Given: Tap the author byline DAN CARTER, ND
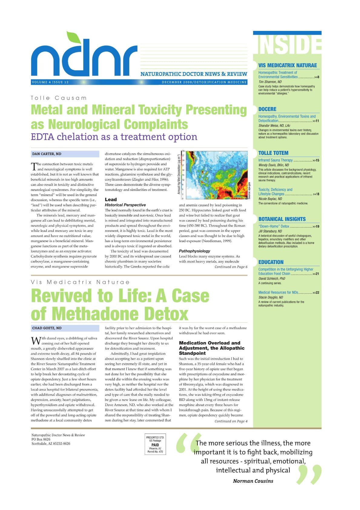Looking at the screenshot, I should [47, 154].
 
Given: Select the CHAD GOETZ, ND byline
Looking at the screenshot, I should [47, 328].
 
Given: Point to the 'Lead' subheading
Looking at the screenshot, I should [111, 199].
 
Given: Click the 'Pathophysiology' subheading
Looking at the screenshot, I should [194, 251].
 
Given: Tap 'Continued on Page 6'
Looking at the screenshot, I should [231, 267].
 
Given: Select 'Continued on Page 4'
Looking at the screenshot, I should [231, 421].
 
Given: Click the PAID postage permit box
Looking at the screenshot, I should [155, 445].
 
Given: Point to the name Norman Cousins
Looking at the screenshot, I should [253, 481].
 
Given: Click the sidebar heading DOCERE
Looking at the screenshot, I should [267, 109].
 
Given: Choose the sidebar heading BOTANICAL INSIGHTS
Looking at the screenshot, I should [282, 219].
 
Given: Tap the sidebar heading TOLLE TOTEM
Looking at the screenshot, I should [273, 153].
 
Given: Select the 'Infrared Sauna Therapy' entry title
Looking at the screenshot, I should [276, 160].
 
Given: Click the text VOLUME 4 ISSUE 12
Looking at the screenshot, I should [50, 82].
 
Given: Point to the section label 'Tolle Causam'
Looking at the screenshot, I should [59, 98].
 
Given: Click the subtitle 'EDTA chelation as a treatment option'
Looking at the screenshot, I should [114, 137].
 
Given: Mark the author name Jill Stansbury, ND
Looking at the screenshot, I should [270, 231].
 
